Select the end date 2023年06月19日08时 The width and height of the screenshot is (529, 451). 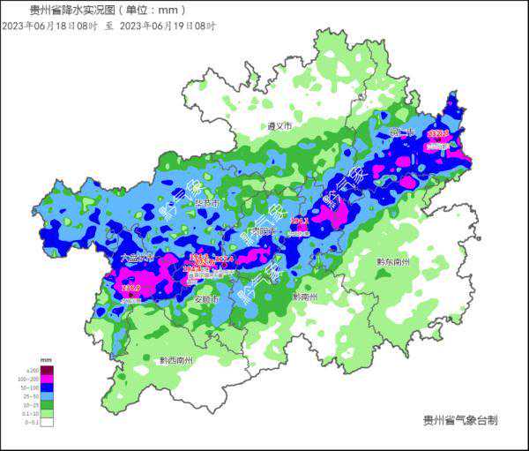168,26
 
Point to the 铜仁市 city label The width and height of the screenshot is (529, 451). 402,133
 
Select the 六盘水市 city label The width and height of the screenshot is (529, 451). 137,259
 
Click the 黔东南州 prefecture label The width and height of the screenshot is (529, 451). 393,262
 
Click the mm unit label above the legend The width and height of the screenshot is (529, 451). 46,363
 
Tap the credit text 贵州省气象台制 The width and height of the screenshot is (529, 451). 460,420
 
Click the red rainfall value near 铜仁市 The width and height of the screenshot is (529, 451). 437,134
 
